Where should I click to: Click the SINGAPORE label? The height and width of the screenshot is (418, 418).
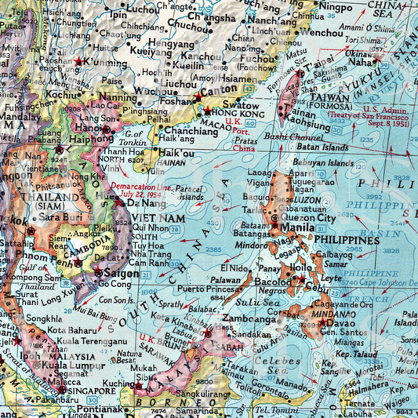tap(92, 390)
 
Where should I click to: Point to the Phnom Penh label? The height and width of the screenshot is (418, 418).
tap(27, 260)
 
